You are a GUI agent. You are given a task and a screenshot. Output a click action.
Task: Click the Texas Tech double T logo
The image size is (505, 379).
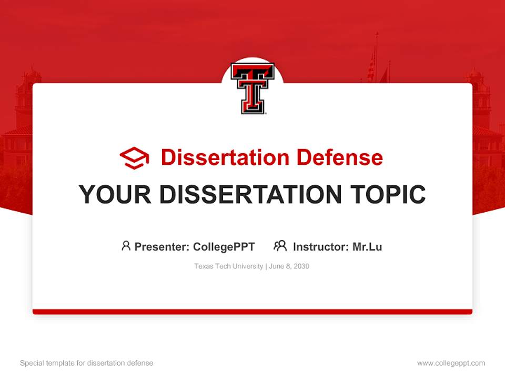pos(252,88)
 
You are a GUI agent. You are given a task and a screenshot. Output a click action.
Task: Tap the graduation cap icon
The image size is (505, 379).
pos(134,158)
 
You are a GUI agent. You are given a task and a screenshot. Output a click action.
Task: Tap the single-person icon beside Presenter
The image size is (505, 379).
pos(126,246)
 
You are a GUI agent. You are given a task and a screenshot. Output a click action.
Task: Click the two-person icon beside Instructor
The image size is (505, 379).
pos(280,246)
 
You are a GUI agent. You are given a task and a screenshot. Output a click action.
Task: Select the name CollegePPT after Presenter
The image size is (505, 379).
pos(224,246)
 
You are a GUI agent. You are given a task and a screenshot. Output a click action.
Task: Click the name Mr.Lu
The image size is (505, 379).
pos(367,246)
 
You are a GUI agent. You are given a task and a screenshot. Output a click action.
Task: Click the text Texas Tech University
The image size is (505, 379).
pos(228,266)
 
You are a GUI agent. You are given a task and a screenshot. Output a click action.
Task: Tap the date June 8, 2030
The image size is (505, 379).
pos(289,266)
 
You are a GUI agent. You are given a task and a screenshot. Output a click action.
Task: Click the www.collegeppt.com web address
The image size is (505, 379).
pos(451,363)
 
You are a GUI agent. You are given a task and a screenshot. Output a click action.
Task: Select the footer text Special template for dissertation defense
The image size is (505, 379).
pos(87,363)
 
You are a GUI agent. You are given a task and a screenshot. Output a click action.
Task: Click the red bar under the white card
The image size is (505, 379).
pos(252,312)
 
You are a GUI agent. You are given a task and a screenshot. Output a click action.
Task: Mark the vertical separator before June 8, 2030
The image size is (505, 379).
pos(266,266)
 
